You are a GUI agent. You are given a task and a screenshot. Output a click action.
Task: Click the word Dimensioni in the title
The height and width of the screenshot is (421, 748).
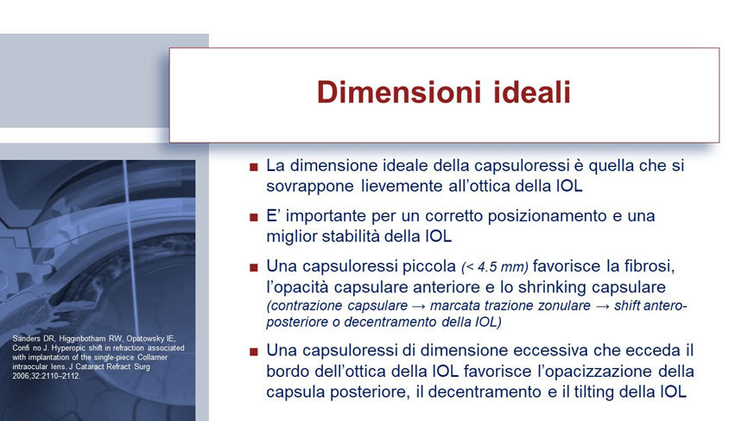click(x=399, y=92)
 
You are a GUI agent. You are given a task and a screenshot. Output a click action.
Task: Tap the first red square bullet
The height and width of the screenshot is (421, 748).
click(x=253, y=167)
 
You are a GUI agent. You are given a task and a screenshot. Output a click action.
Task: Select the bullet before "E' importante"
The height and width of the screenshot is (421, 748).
click(x=253, y=218)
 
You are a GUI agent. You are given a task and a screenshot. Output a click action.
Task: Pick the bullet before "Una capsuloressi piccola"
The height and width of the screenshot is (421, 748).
click(x=253, y=268)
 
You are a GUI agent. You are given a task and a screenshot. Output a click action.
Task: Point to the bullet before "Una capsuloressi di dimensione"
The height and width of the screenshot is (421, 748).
click(x=253, y=352)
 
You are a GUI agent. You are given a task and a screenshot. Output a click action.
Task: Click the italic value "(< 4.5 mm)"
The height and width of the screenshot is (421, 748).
click(x=495, y=267)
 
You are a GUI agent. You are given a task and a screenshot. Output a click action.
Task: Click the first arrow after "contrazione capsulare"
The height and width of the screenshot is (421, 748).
click(x=419, y=306)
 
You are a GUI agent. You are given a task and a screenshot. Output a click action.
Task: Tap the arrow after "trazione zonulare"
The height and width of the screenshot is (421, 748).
click(x=602, y=306)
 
